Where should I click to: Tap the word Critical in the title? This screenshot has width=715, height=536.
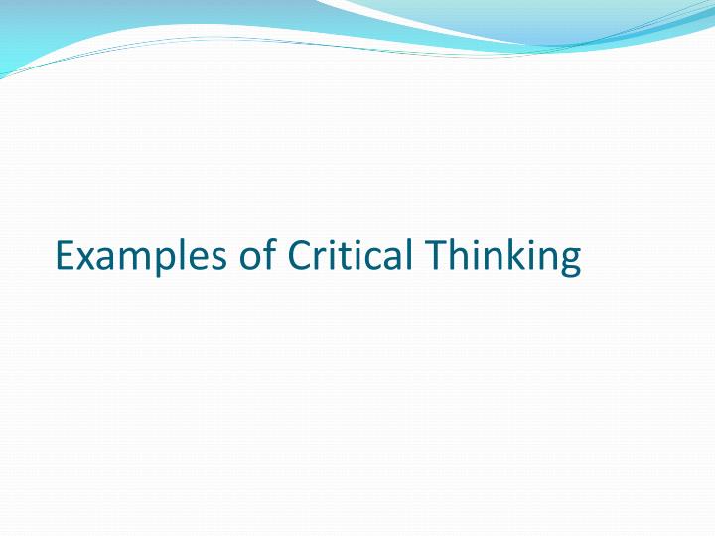350,253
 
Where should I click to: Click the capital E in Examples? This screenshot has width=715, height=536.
66,255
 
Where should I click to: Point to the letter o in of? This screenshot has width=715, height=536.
249,259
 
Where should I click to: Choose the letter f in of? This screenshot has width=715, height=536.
270,252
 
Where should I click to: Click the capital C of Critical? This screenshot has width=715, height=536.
300,255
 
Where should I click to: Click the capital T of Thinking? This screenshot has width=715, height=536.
435,255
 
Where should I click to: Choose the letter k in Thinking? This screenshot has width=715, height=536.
524,253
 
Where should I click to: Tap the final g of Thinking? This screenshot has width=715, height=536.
572,262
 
